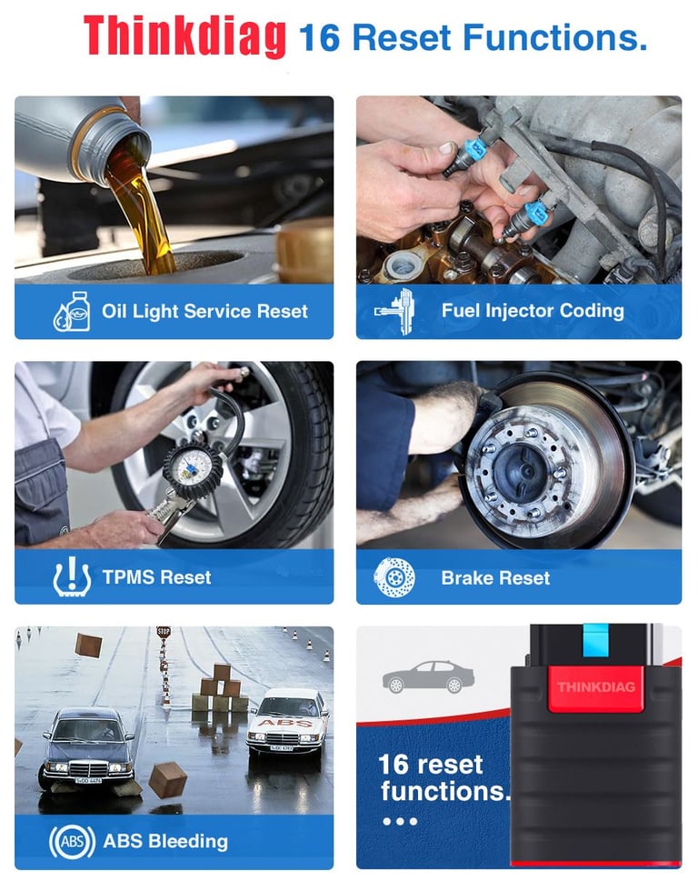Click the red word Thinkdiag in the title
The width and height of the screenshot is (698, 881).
pos(184,36)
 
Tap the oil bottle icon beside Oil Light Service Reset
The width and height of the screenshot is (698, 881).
pos(70,311)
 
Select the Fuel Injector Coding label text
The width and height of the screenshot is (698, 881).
pos(533,311)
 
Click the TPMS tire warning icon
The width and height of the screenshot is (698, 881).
pos(71,576)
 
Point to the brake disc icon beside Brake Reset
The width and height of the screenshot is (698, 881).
pos(394,577)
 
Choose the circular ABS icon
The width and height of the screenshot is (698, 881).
pos(72,841)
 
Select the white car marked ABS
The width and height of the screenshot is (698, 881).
pos(288,722)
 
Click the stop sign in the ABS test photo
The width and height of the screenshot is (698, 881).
pos(164,632)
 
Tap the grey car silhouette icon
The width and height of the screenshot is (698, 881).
pos(428,677)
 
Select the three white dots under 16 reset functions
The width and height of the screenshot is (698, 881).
pos(399,821)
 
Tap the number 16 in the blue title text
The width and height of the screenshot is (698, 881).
pos(319,38)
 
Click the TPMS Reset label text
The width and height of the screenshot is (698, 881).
pos(156,577)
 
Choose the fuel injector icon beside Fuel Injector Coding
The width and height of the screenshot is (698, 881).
pos(395,311)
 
